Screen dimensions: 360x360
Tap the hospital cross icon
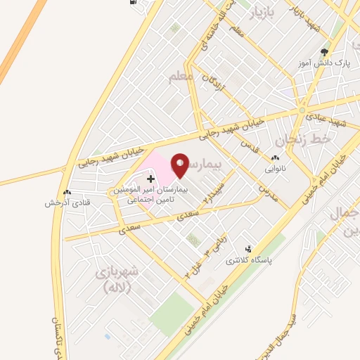click(150, 179)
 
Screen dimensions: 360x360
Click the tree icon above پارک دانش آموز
click(324, 51)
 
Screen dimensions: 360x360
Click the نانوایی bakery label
click(275, 169)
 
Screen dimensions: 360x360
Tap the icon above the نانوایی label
click(275, 159)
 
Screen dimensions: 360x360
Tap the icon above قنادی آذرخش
click(67, 192)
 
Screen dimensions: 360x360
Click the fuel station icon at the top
click(134, 2)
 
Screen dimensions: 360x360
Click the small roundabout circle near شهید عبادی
click(302, 110)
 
